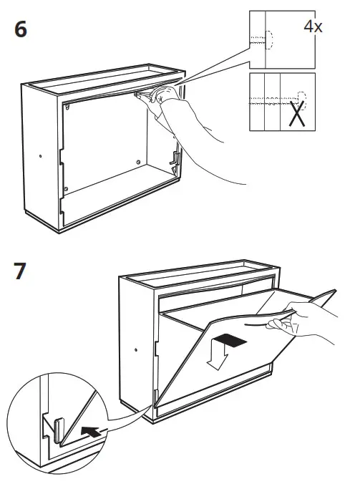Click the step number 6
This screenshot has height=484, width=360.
[21, 29]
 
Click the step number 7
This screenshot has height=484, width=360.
[20, 271]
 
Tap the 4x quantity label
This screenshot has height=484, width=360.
[313, 26]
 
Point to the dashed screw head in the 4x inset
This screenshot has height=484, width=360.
[269, 40]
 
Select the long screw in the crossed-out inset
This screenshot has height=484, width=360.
[277, 100]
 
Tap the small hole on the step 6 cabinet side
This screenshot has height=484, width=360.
[40, 156]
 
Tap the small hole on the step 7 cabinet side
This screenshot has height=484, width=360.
[136, 349]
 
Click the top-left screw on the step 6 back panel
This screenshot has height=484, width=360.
[67, 107]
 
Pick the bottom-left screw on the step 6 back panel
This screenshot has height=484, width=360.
[65, 188]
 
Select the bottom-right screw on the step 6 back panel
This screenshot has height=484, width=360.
[138, 162]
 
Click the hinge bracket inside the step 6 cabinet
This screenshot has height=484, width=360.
[175, 160]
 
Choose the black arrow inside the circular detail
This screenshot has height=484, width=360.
[92, 431]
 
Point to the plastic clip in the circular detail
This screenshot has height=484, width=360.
[59, 429]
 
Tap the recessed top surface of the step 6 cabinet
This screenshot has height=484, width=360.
[105, 80]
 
